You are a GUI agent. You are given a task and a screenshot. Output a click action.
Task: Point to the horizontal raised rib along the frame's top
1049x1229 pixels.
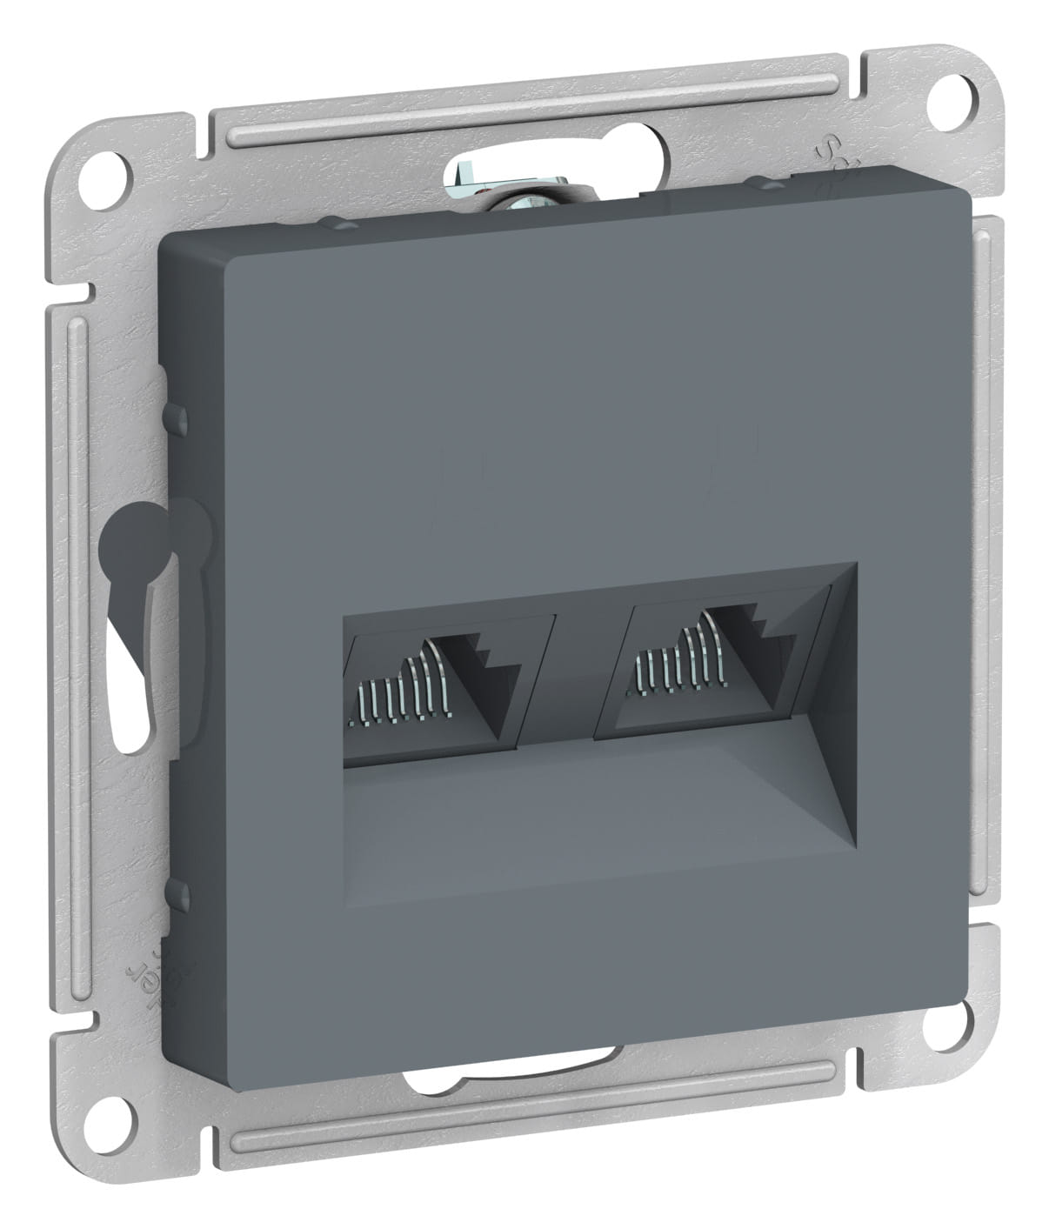pos(522,109)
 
